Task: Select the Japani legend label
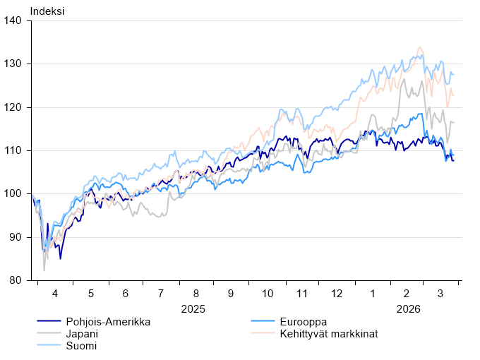[x=82, y=334]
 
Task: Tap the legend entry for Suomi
[x=81, y=346]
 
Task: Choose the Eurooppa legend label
[x=303, y=322]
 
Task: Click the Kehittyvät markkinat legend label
[x=330, y=334]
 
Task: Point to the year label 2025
[x=193, y=308]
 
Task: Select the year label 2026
[x=408, y=308]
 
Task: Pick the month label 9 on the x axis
[x=231, y=293]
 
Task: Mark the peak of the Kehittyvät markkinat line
[x=419, y=47]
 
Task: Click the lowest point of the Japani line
[x=44, y=270]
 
